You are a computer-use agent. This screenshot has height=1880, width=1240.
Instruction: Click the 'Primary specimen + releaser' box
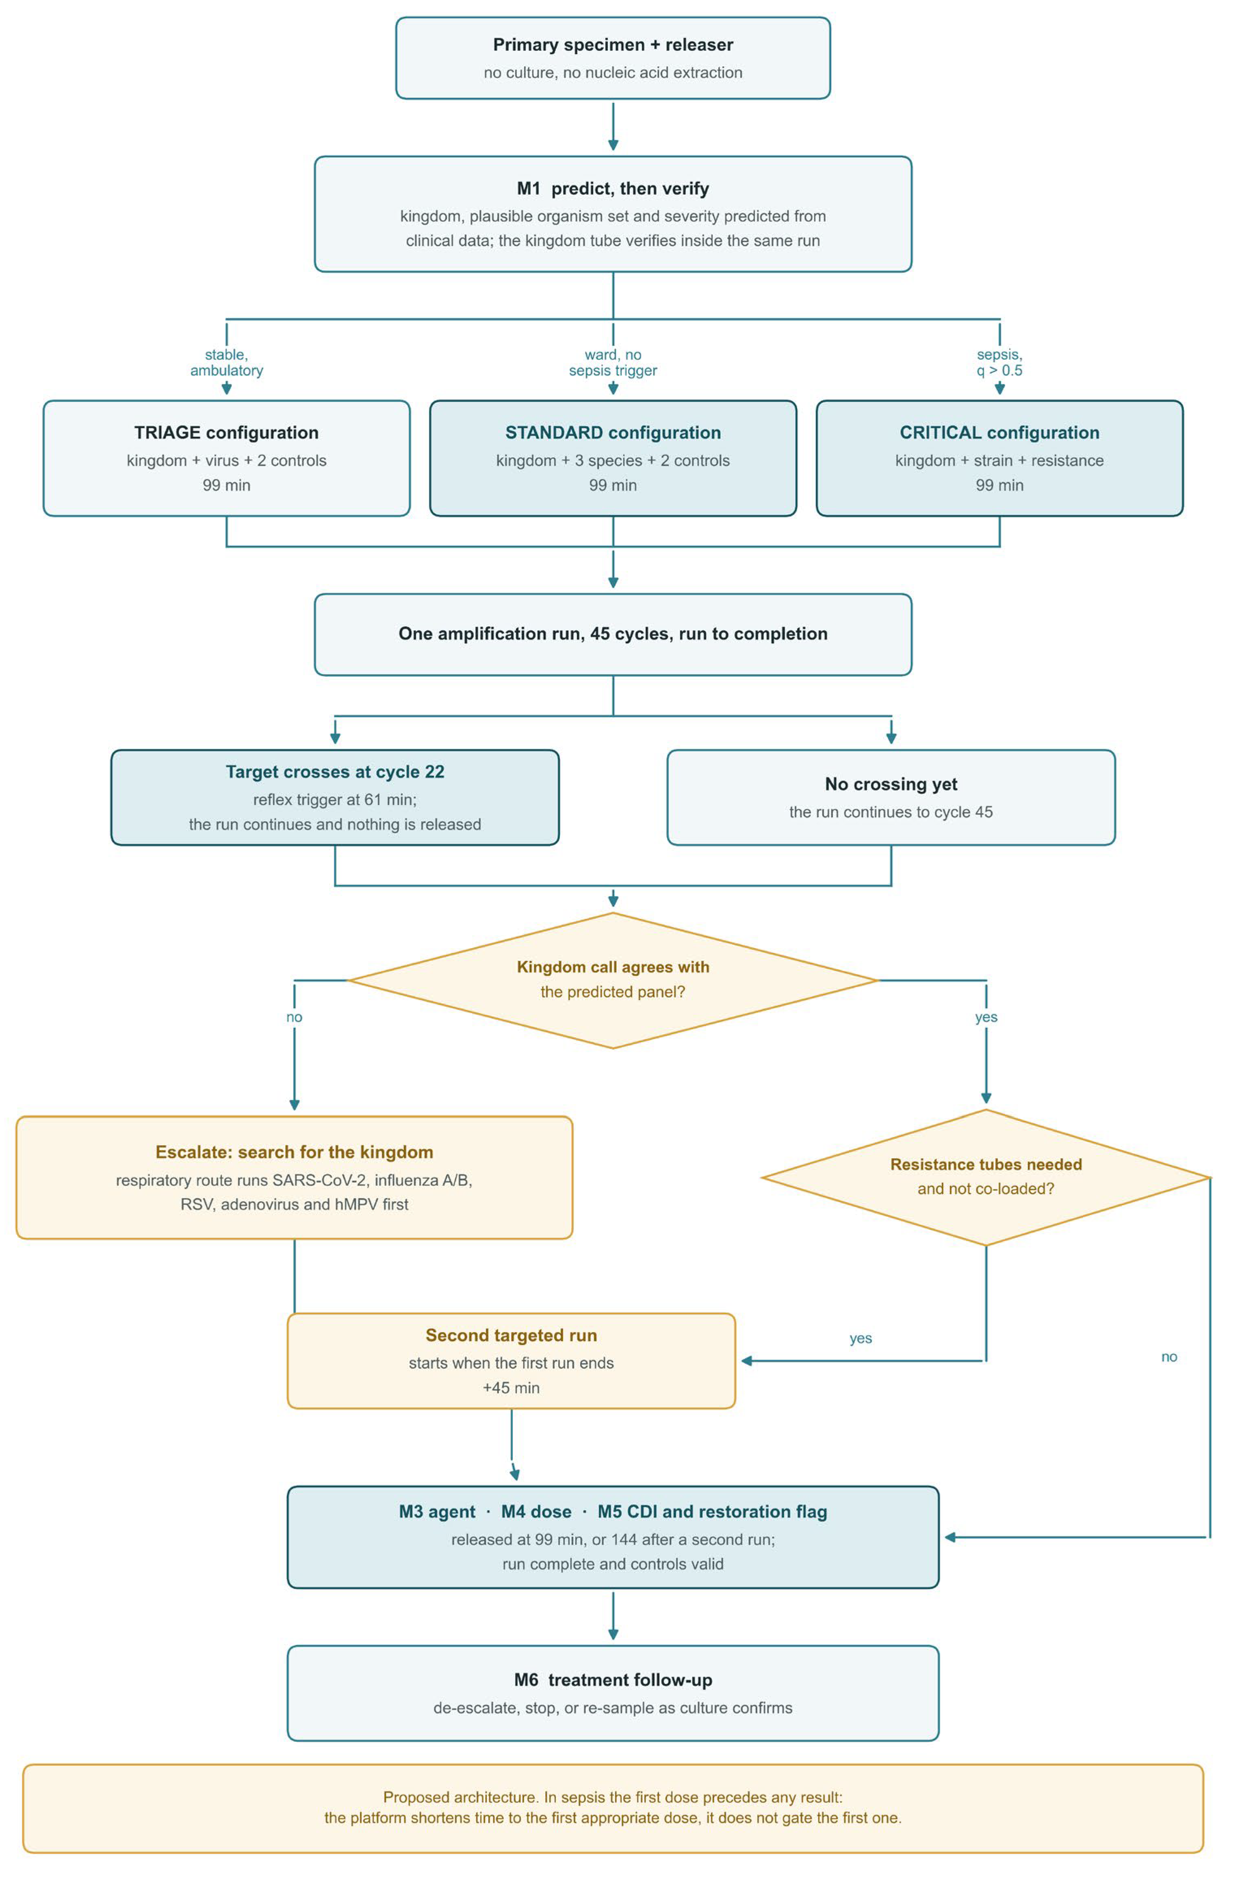pos(613,58)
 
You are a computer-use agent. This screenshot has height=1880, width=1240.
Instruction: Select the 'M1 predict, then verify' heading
pos(613,188)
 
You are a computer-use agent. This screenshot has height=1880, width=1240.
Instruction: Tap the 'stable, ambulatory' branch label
pos(226,362)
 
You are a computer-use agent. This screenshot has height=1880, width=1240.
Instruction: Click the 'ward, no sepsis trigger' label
pos(613,362)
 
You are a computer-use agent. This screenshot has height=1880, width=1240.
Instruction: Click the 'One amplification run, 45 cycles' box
pos(613,634)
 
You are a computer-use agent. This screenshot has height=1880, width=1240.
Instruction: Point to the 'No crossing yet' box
pos(891,797)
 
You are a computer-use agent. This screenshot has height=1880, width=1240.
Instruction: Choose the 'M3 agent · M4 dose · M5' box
pos(613,1537)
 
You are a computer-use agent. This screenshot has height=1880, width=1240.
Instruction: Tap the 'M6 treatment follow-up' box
pos(613,1693)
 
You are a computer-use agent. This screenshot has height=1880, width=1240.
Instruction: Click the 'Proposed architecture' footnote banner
pos(613,1808)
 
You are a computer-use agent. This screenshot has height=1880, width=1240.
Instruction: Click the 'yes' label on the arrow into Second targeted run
pos(861,1338)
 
